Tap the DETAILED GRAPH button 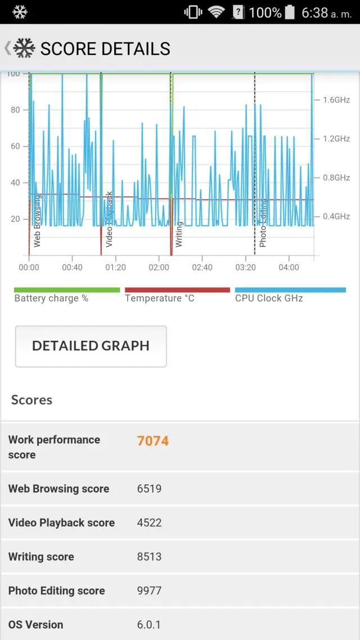(91, 346)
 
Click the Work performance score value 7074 (153, 441)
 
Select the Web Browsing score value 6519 (149, 489)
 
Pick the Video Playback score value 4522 (149, 522)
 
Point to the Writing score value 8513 (149, 557)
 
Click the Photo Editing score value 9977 (149, 591)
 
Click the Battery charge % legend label (51, 298)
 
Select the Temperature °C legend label (160, 298)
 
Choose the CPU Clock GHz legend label (269, 298)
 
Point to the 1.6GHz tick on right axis (336, 100)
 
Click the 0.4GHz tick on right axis (336, 217)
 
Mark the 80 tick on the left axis (15, 110)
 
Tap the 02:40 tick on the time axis (202, 268)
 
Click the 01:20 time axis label (115, 268)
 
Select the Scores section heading (31, 400)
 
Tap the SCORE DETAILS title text (105, 49)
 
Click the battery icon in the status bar (290, 12)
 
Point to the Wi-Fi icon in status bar (216, 12)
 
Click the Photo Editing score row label (56, 591)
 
